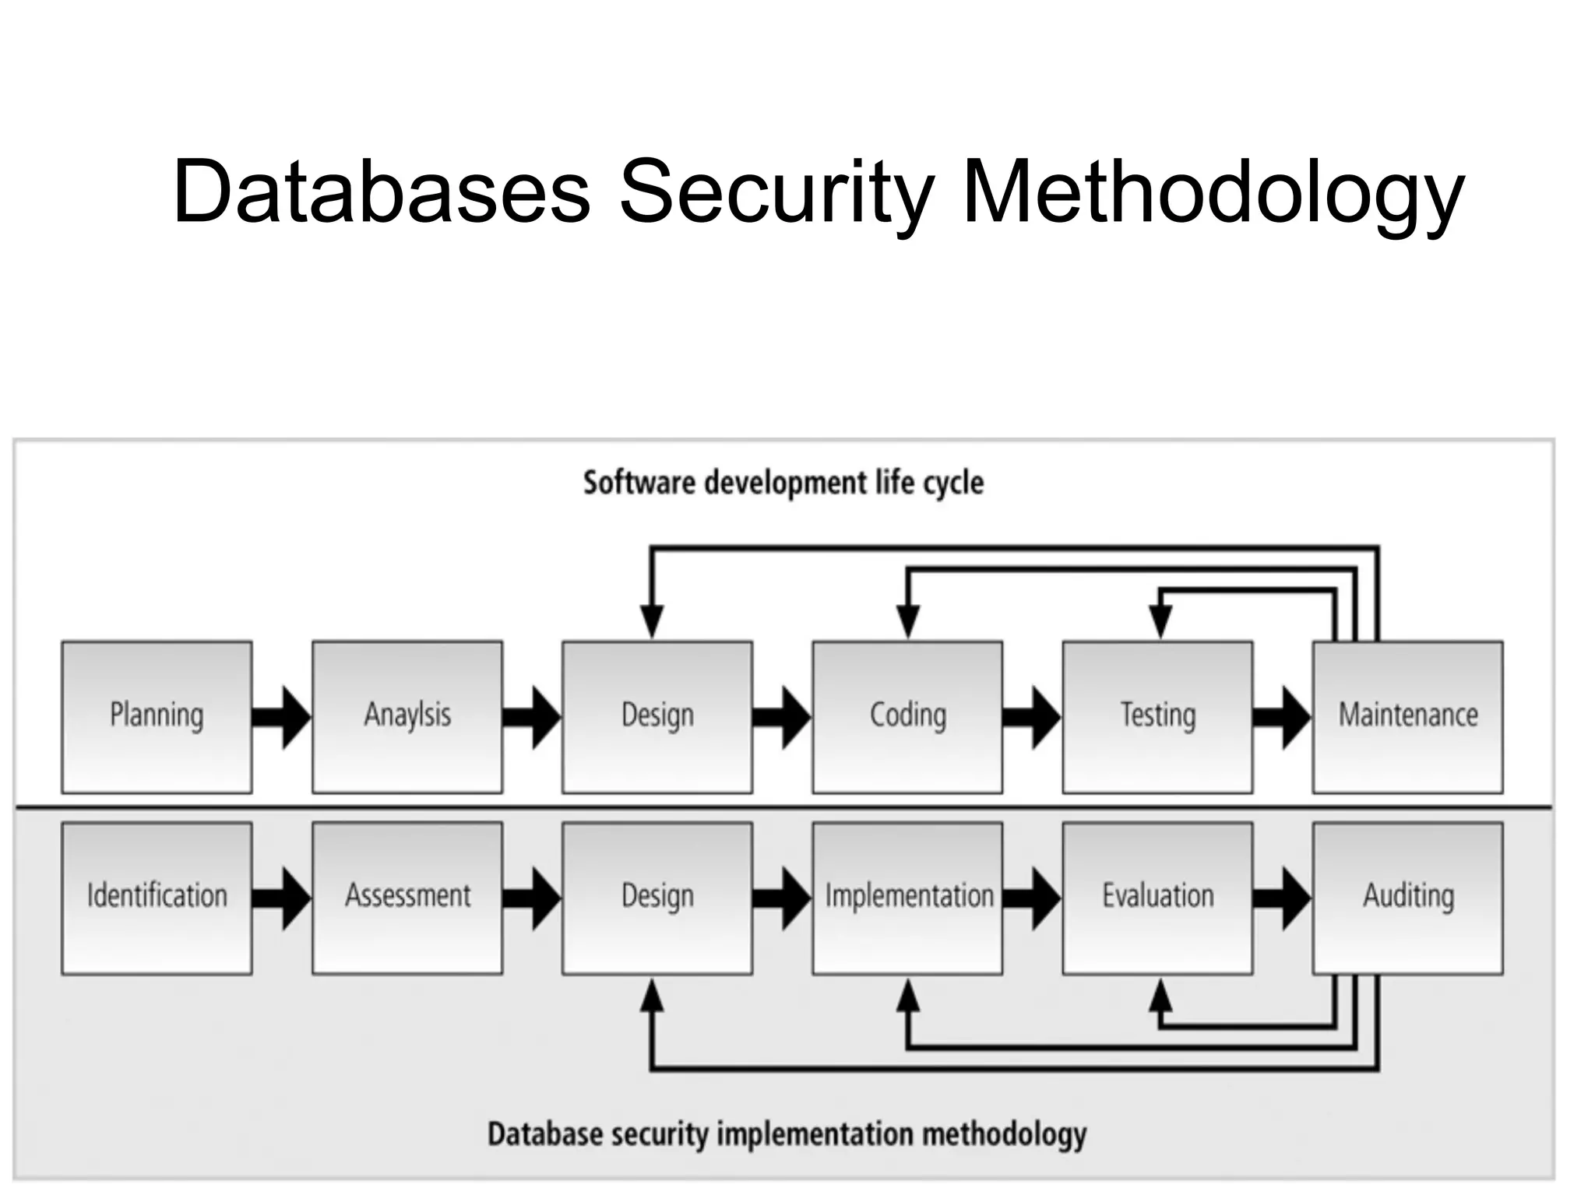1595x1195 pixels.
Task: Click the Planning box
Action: (157, 717)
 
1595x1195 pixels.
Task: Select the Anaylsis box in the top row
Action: (407, 717)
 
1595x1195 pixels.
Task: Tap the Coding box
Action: (907, 717)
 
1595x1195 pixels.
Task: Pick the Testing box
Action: (1157, 717)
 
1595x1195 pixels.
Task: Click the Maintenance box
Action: (1407, 717)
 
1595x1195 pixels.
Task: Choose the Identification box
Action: (157, 898)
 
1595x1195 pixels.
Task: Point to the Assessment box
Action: (407, 898)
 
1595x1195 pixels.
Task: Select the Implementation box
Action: (907, 898)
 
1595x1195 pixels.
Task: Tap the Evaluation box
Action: (1157, 898)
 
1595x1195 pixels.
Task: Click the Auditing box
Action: (1407, 898)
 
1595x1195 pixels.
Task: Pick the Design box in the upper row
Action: (657, 717)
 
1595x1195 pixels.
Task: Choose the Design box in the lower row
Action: (657, 898)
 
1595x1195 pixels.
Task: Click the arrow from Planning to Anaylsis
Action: (282, 717)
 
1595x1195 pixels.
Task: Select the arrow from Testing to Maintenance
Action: (1283, 717)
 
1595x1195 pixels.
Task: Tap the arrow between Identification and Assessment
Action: (282, 898)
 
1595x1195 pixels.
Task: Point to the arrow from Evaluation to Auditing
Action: (1283, 898)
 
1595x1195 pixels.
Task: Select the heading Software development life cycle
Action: (783, 483)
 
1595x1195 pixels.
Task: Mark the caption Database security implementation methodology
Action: (787, 1134)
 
